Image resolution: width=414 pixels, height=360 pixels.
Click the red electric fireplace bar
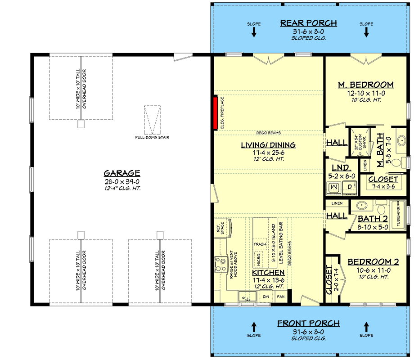(x=216, y=112)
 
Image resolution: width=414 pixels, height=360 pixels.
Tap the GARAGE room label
(x=122, y=173)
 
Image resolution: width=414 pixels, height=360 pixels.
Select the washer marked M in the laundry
(x=333, y=187)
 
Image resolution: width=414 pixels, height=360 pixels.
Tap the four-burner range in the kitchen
(x=220, y=263)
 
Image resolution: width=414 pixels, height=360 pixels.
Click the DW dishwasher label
(x=265, y=297)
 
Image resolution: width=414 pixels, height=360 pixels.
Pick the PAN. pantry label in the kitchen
(x=281, y=297)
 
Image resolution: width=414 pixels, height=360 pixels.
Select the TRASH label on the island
(x=260, y=244)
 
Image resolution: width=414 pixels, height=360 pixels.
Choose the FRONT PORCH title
(x=308, y=323)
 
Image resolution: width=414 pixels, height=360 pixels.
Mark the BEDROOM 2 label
(x=371, y=261)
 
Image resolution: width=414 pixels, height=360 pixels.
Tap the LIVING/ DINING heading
(x=268, y=144)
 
